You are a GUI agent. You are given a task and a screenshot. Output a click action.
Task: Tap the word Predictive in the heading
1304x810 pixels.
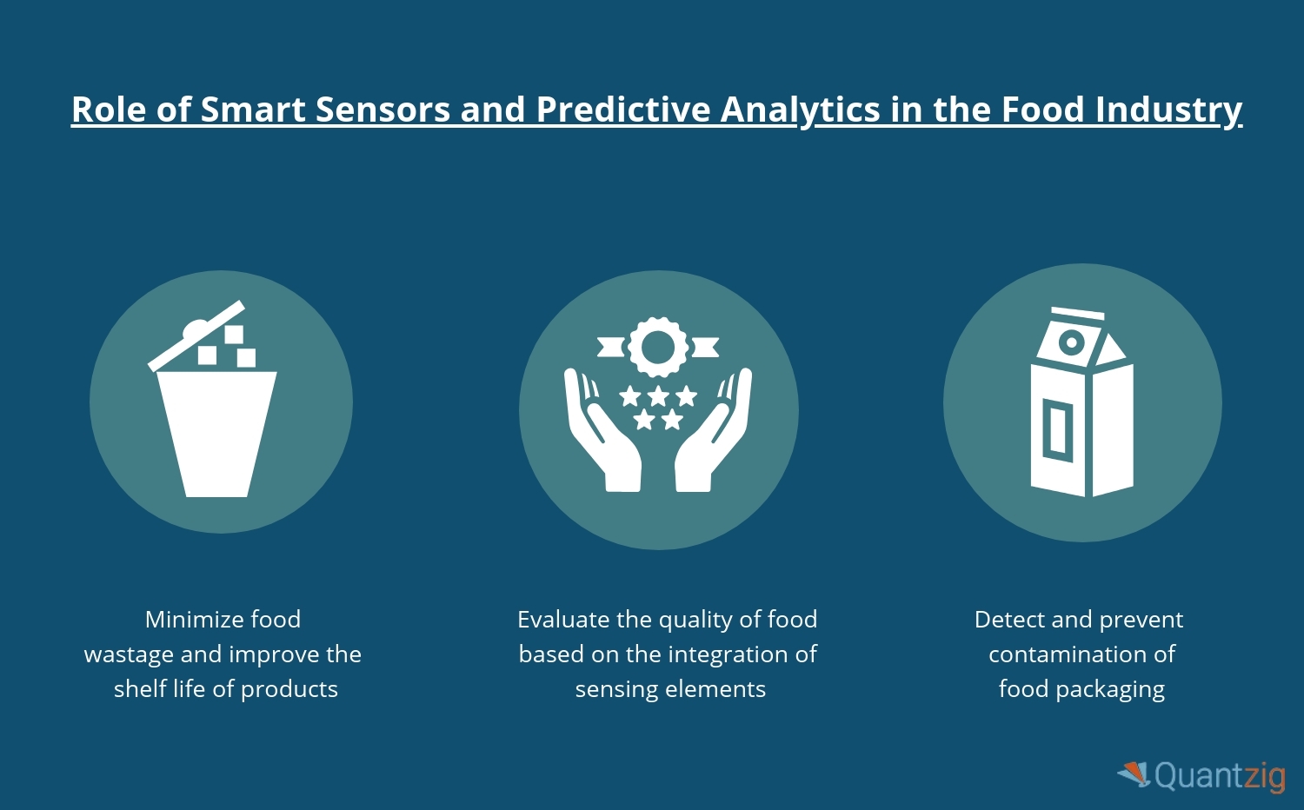[622, 110]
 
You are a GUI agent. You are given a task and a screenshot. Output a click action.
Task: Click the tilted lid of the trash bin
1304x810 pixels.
[196, 335]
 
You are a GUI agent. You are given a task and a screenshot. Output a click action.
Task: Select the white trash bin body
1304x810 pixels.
[216, 434]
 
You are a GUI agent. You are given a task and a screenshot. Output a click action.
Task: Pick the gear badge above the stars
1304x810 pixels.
[658, 348]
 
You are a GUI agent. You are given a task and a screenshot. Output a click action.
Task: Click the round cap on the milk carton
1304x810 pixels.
[1071, 342]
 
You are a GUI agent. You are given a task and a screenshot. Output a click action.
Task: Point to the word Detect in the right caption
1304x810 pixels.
[1010, 620]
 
